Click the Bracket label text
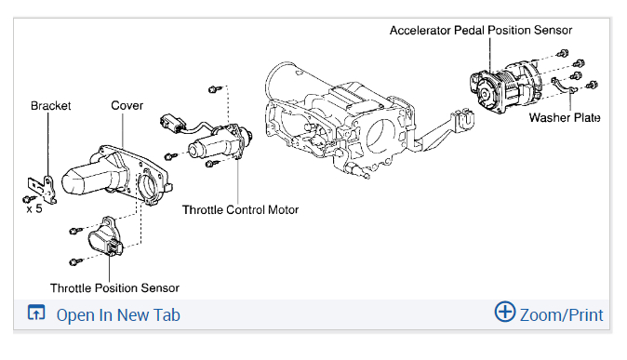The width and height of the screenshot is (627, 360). coord(51,106)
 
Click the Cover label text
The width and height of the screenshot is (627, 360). coord(127,106)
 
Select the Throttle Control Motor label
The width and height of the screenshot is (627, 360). coord(240,210)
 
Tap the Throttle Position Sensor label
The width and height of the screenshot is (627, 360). coord(114,288)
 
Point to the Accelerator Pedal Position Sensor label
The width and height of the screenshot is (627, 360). coord(481,31)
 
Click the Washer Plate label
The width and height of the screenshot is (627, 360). coord(565,117)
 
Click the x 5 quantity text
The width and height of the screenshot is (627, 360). coord(34,208)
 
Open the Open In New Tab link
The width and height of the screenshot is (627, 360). coord(118,315)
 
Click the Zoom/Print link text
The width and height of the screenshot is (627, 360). coord(562,315)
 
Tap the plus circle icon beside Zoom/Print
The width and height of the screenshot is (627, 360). coord(504,312)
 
